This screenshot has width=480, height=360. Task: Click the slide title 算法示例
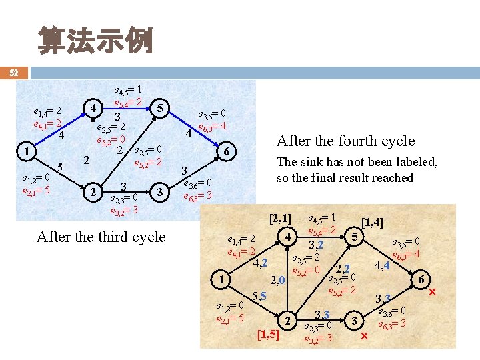pyautogui.click(x=96, y=41)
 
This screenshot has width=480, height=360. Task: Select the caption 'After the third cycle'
pyautogui.click(x=101, y=237)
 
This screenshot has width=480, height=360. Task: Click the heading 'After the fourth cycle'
pyautogui.click(x=345, y=141)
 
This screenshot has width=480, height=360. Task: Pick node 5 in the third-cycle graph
pyautogui.click(x=159, y=107)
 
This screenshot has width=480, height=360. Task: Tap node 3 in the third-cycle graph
pyautogui.click(x=159, y=192)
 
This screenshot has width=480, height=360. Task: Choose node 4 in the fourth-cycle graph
pyautogui.click(x=287, y=236)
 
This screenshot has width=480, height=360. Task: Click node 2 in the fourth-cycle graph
pyautogui.click(x=287, y=321)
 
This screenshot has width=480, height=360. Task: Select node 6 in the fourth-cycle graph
pyautogui.click(x=421, y=280)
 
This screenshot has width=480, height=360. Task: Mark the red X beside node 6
pyautogui.click(x=433, y=293)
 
